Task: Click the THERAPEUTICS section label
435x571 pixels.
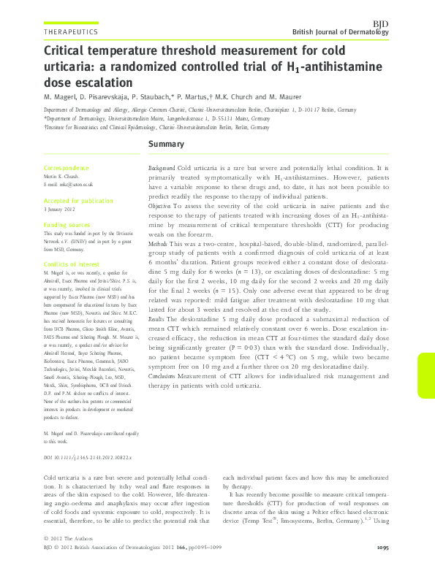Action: (x=71, y=33)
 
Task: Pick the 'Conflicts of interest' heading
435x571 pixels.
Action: (x=72, y=264)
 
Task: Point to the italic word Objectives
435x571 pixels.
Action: (x=161, y=207)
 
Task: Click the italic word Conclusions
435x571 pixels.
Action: (x=163, y=375)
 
